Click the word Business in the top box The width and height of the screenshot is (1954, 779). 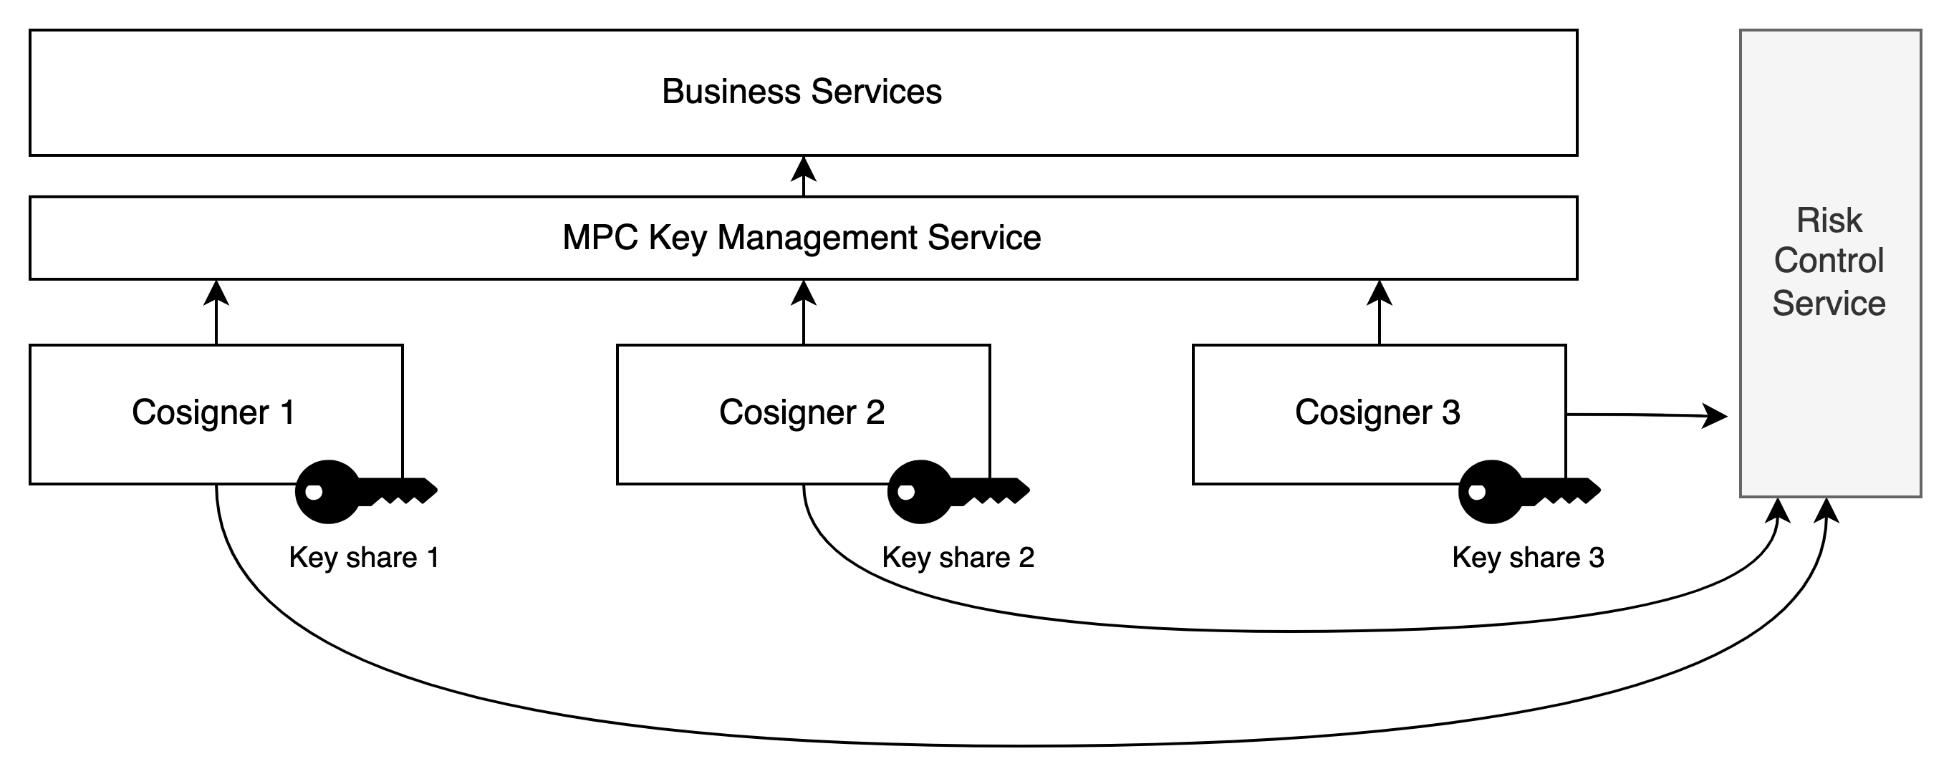pyautogui.click(x=731, y=92)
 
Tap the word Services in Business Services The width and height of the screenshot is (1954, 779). pyautogui.click(x=876, y=92)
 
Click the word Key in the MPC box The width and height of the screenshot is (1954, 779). pyautogui.click(x=677, y=238)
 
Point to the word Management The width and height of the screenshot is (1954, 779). pyautogui.click(x=817, y=238)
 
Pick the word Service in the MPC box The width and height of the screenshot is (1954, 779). pyautogui.click(x=984, y=238)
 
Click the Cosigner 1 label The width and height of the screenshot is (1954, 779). pyautogui.click(x=213, y=412)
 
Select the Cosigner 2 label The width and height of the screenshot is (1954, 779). pyautogui.click(x=802, y=412)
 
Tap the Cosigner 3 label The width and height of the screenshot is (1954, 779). pyautogui.click(x=1377, y=412)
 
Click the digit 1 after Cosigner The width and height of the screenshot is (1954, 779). pyautogui.click(x=287, y=412)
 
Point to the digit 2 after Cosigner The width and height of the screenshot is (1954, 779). pyautogui.click(x=875, y=412)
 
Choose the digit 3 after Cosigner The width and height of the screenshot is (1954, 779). pyautogui.click(x=1450, y=412)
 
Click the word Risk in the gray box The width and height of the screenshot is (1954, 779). pyautogui.click(x=1829, y=221)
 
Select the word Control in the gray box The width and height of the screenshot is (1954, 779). pyautogui.click(x=1829, y=261)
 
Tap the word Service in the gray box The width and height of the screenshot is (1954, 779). pyautogui.click(x=1829, y=304)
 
